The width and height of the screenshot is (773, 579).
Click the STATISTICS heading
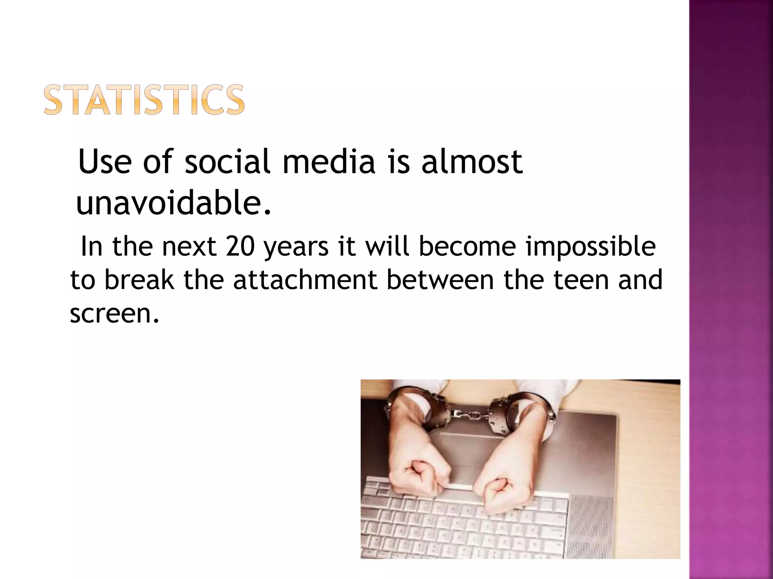144,100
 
